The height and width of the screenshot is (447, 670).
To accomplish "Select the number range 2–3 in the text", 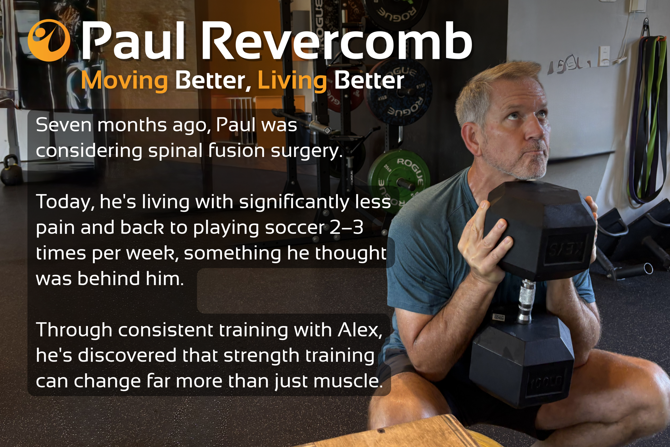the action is click(347, 227).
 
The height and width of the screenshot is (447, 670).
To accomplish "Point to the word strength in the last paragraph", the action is click(261, 356).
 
